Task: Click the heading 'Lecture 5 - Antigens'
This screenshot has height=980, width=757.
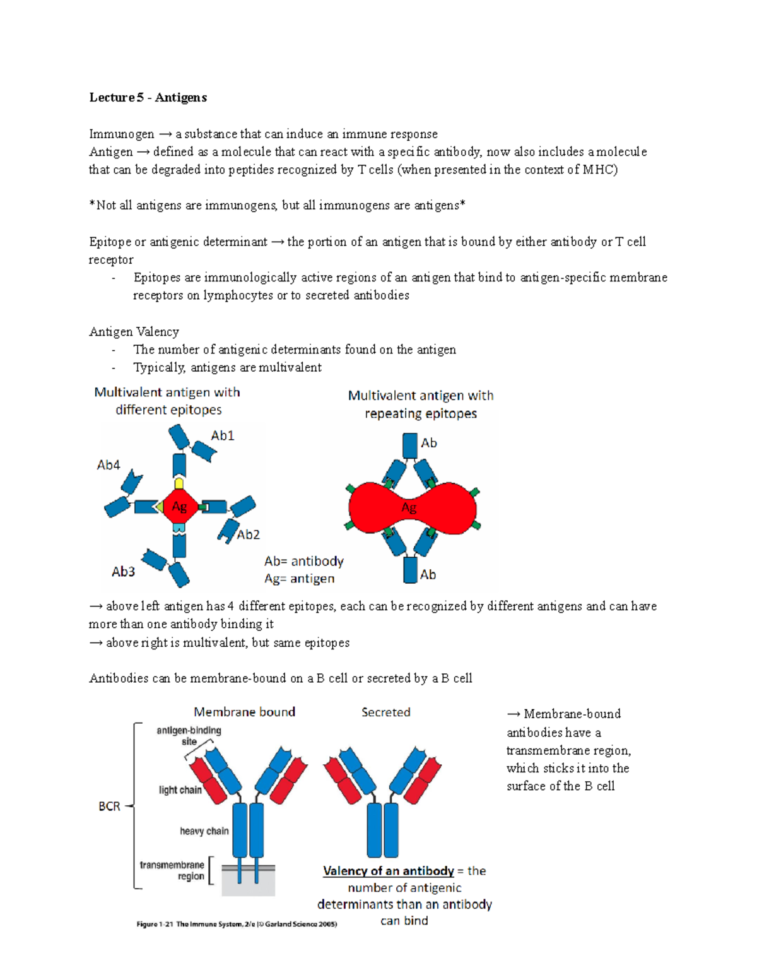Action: point(148,97)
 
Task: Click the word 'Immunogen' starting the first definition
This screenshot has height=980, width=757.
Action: point(121,134)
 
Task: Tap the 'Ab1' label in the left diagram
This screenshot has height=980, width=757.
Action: point(222,435)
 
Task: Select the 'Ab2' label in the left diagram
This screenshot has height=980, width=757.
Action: point(248,534)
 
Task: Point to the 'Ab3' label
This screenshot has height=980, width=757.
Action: point(123,571)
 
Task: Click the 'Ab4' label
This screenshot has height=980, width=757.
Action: point(108,465)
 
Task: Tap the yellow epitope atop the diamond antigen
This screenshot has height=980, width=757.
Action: point(179,483)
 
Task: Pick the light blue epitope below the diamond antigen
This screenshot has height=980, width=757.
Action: point(179,528)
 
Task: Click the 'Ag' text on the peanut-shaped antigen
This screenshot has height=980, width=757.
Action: point(409,508)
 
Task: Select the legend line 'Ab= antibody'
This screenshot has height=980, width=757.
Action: point(303,561)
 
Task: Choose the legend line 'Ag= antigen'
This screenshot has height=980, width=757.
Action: point(299,579)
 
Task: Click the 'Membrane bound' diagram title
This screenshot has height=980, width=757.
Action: point(244,712)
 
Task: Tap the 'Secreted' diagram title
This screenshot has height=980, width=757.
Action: point(385,712)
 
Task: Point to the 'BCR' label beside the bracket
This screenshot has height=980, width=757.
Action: point(109,806)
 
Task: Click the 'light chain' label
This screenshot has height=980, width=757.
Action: point(180,790)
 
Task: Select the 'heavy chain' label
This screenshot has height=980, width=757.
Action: point(204,831)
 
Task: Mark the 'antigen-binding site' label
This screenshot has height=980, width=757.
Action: point(189,736)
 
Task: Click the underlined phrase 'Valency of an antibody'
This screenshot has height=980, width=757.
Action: point(388,871)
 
